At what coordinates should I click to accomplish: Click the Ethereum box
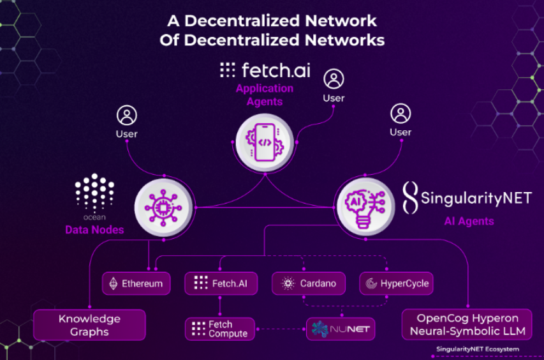136,283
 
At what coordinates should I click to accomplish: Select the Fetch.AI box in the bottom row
220,283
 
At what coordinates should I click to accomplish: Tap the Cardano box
309,283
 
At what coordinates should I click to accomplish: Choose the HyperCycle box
396,283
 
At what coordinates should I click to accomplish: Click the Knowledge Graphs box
89,325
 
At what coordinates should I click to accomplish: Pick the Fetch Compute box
220,329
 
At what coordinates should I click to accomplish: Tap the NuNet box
341,329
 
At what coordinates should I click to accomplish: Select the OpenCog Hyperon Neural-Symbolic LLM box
467,324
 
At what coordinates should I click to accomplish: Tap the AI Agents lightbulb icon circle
364,206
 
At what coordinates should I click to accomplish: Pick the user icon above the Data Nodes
126,116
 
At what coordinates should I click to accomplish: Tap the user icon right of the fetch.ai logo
334,79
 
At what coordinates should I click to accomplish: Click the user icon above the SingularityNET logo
401,114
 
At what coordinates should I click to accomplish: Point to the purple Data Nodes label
94,230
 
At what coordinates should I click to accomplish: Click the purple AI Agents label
469,221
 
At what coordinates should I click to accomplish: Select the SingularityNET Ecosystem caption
477,349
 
